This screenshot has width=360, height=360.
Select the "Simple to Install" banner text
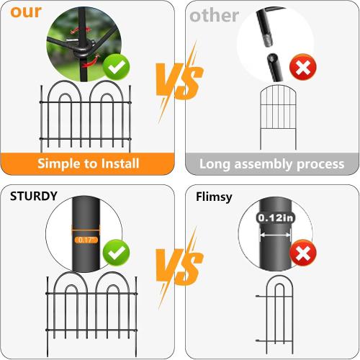(89, 164)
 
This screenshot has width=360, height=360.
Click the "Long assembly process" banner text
(271, 164)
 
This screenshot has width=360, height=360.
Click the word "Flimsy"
(214, 196)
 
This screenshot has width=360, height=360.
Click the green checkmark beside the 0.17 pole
(116, 253)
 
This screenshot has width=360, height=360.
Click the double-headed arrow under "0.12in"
(274, 234)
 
